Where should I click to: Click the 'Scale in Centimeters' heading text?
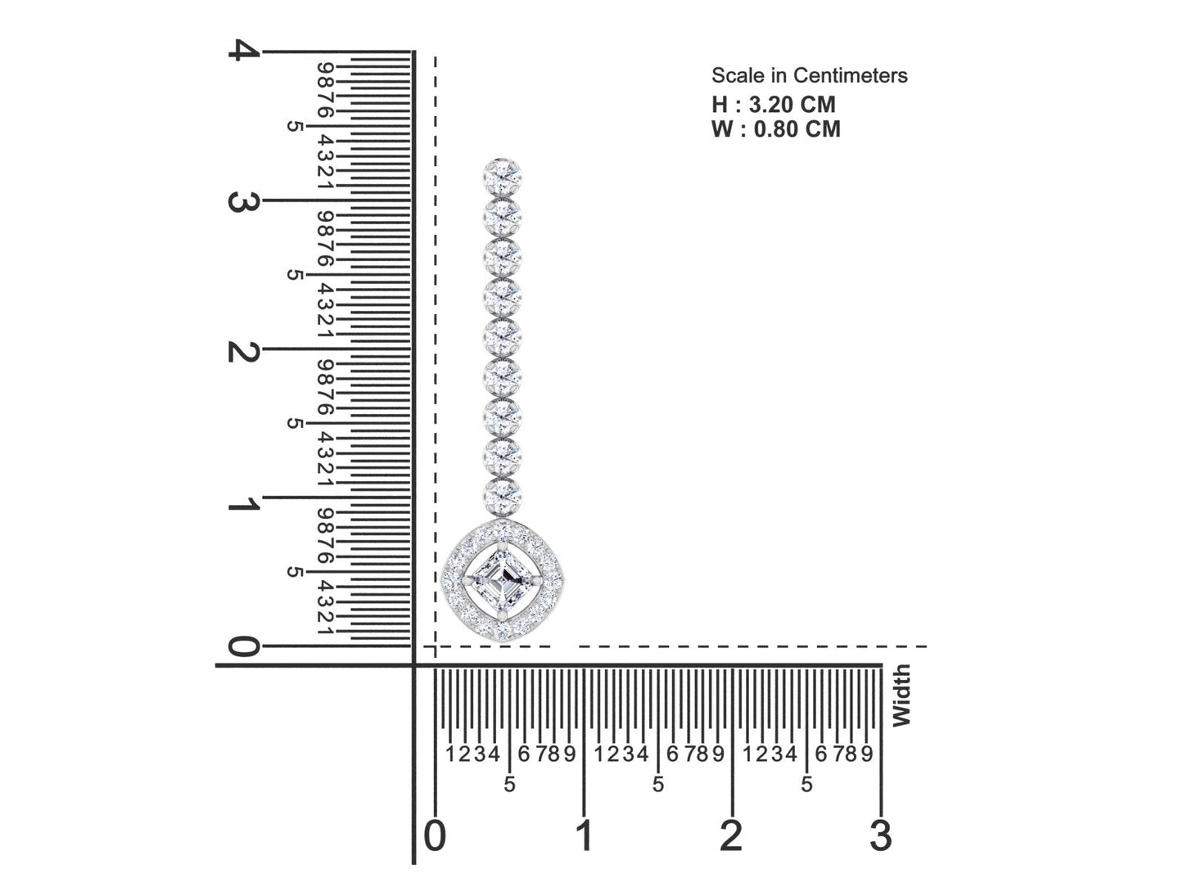tap(809, 76)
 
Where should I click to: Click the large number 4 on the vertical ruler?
tap(242, 51)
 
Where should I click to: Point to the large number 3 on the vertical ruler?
tap(237, 201)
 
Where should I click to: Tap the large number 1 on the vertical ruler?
tap(242, 505)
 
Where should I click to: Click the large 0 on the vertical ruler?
tap(241, 647)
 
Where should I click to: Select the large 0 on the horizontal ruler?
tap(436, 835)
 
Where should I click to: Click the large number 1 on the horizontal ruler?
tap(584, 835)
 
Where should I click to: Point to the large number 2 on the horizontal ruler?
tap(731, 835)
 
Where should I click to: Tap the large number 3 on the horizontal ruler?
tap(880, 835)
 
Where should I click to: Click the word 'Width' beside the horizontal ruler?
tap(901, 696)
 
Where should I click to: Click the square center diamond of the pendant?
tap(502, 582)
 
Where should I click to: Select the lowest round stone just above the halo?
tap(503, 495)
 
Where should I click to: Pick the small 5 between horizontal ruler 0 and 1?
tap(509, 785)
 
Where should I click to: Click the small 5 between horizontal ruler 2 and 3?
tap(806, 785)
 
